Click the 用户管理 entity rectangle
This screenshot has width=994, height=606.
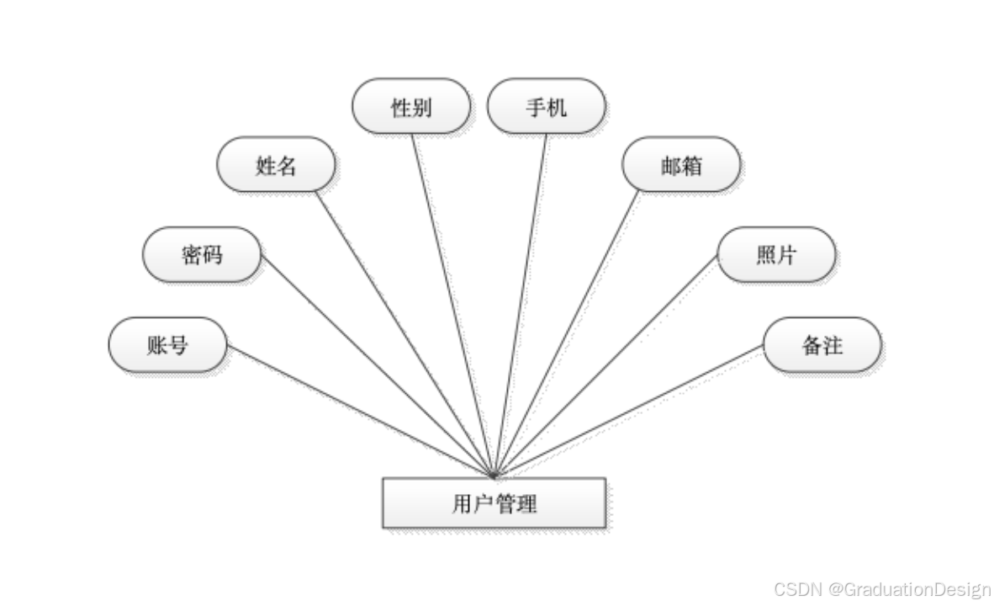tap(494, 503)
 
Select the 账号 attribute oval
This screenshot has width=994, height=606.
tap(167, 345)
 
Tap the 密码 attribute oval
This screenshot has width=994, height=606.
tap(202, 254)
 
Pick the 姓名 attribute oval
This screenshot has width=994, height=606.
tap(276, 165)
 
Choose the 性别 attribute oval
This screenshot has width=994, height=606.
tap(411, 107)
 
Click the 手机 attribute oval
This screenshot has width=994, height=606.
tap(547, 107)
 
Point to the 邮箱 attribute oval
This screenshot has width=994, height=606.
tap(681, 165)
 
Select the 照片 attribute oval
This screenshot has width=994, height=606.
tap(775, 254)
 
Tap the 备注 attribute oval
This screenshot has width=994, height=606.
tap(822, 345)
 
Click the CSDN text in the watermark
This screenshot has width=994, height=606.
tap(796, 588)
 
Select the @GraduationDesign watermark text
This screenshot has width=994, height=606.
tap(908, 588)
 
